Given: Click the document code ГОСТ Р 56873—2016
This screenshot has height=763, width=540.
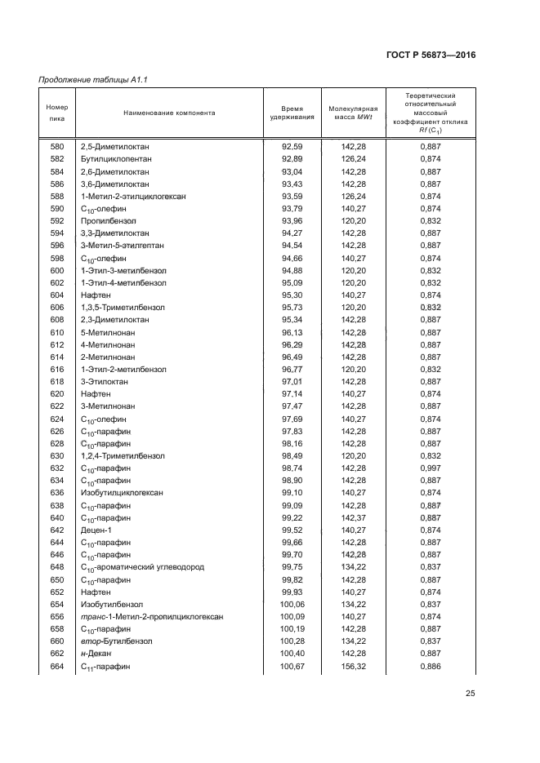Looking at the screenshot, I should (430, 55).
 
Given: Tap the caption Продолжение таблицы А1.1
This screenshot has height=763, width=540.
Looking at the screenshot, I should (97, 79).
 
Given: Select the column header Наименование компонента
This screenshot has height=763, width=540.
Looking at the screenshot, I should (169, 113).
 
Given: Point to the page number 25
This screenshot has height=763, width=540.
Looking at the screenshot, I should (470, 694).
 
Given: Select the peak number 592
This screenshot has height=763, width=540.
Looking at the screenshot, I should (56, 220).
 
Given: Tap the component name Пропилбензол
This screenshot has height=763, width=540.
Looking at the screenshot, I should (108, 220).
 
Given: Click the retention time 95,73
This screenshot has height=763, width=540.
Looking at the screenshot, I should (292, 307).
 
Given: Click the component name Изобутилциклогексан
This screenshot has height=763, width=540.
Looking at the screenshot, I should (121, 493).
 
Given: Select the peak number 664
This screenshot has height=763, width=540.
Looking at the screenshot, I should (56, 667).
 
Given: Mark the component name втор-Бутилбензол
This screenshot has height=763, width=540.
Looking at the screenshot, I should (114, 641).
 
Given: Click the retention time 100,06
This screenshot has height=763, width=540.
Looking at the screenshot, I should (292, 604).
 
